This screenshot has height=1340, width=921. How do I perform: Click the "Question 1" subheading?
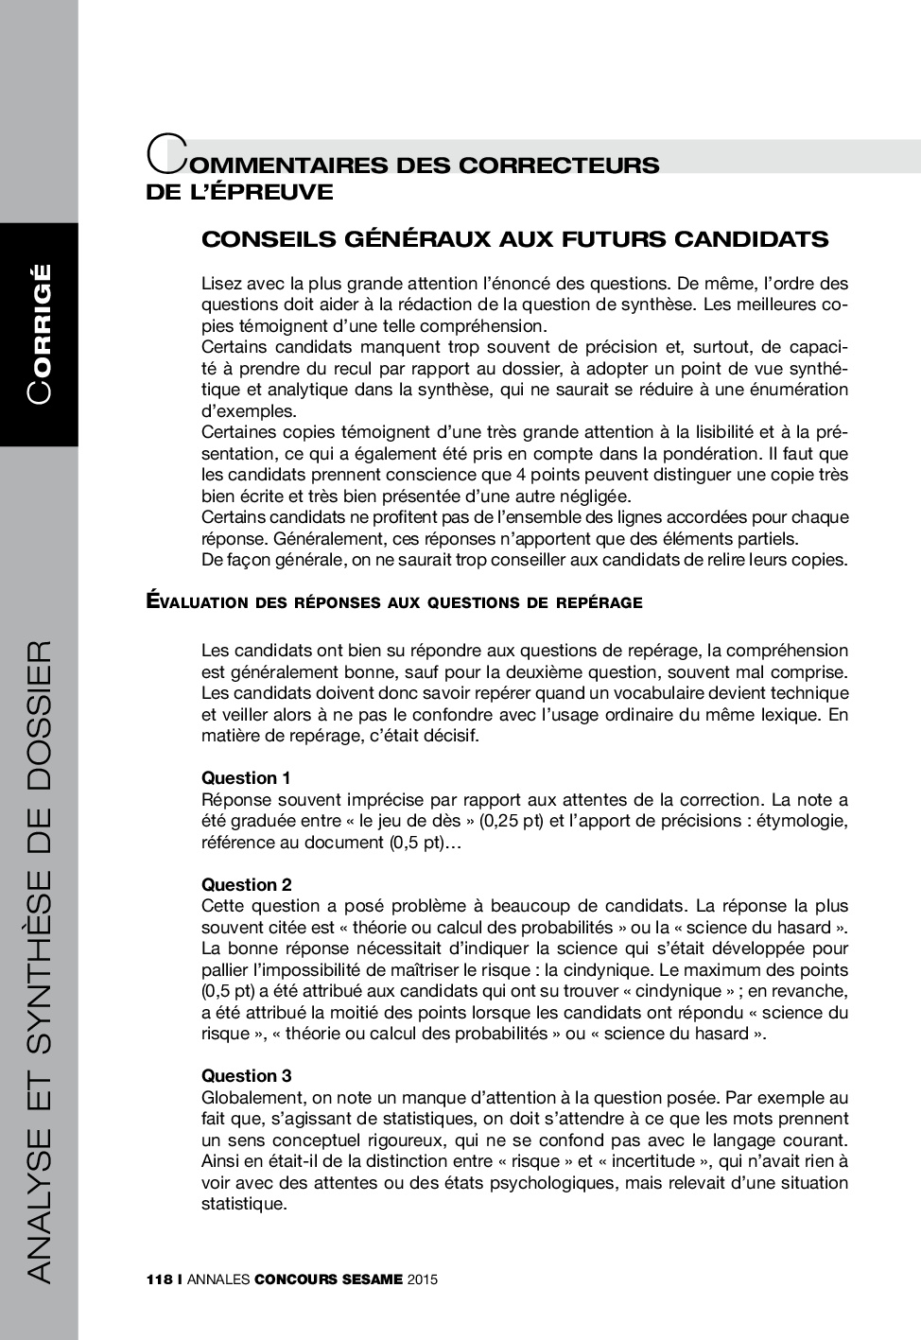(x=246, y=778)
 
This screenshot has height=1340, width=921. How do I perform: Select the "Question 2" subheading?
(x=246, y=885)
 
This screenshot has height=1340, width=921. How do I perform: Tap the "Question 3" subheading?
(x=246, y=1076)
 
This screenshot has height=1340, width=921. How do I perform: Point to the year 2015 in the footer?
(x=423, y=1280)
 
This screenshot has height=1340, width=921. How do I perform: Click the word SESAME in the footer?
(x=372, y=1280)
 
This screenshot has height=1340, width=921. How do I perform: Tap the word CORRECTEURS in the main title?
(x=559, y=165)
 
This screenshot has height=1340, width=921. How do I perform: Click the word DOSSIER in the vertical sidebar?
(x=40, y=719)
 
